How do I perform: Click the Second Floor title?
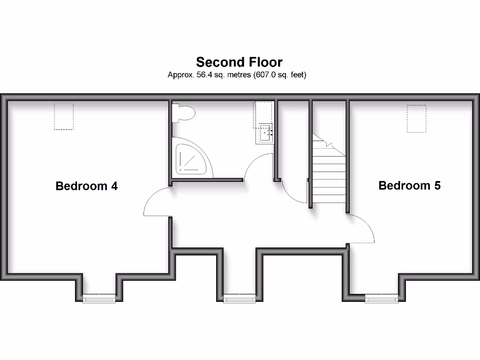(x=239, y=62)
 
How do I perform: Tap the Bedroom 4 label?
(x=86, y=186)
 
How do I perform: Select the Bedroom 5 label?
(x=409, y=186)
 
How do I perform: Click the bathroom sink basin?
(x=265, y=133)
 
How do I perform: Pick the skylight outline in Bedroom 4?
(x=64, y=116)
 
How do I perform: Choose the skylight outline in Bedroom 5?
(x=416, y=119)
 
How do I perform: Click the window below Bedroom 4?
(x=99, y=298)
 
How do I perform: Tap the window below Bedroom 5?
(x=381, y=298)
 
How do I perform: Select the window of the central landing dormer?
(x=239, y=298)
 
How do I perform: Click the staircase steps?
(x=329, y=178)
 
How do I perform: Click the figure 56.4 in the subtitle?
(x=197, y=75)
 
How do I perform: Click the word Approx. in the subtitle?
(x=178, y=75)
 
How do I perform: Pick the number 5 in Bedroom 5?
(x=437, y=186)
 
